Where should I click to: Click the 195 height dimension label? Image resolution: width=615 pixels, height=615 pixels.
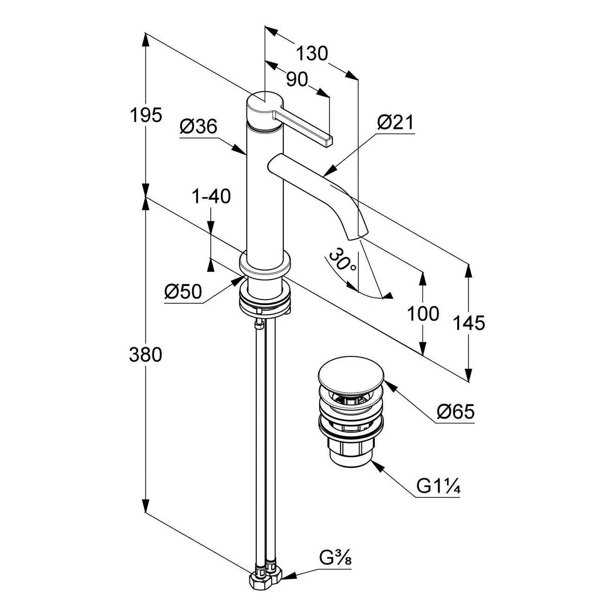[x=146, y=115]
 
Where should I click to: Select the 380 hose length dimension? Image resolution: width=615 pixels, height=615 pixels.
[x=146, y=355]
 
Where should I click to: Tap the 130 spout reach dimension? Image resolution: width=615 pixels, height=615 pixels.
[x=312, y=53]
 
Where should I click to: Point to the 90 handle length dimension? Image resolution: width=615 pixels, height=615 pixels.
[x=297, y=80]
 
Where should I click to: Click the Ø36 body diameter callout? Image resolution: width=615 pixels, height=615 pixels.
[x=199, y=126]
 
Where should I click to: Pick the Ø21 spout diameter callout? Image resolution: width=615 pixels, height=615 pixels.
[x=395, y=122]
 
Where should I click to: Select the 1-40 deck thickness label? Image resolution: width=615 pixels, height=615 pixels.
[x=211, y=196]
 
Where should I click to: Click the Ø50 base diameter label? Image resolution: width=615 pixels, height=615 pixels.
[x=183, y=292]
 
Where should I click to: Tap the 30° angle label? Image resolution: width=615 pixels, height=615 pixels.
[x=342, y=262]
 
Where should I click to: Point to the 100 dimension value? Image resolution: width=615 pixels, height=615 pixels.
[x=423, y=314]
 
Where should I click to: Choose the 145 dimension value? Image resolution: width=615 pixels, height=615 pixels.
[x=469, y=322]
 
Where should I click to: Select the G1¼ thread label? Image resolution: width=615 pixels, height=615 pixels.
[x=438, y=486]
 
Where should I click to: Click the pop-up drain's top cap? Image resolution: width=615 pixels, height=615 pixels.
[x=351, y=374]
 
